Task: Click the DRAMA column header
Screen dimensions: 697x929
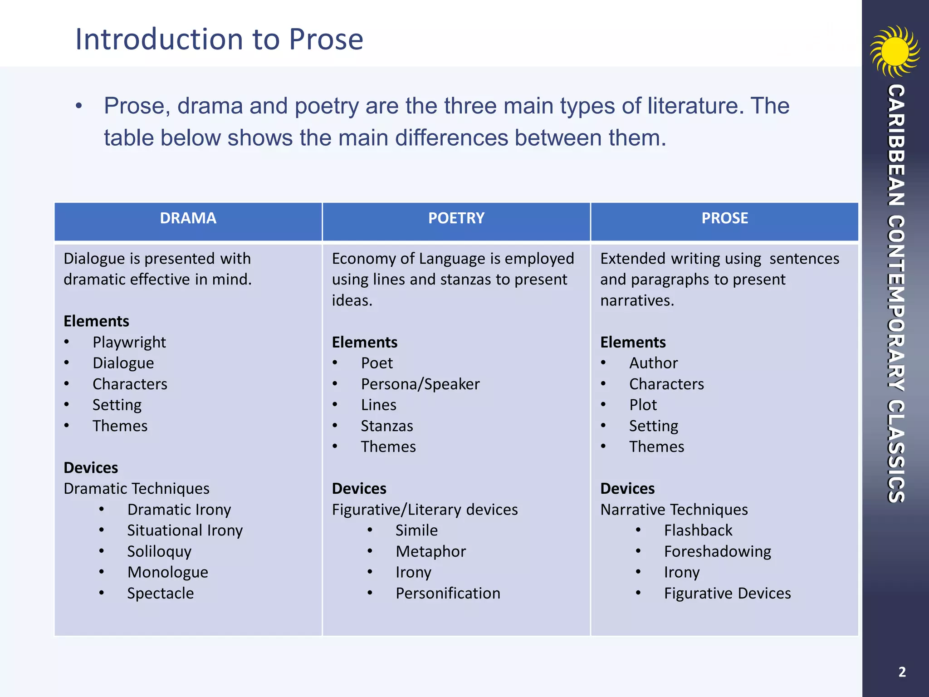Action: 188,218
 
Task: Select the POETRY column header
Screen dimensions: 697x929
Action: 456,218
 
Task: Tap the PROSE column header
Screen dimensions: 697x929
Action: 724,218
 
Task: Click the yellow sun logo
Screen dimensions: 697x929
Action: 895,51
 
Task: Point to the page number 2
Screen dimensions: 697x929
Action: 902,672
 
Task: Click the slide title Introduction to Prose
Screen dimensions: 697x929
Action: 219,39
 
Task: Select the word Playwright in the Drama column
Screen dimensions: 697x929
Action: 129,342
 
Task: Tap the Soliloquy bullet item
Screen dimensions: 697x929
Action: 159,551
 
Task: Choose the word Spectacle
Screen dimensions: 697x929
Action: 160,594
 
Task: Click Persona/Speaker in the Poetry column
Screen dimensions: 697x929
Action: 420,384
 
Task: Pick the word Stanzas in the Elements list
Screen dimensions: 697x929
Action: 387,426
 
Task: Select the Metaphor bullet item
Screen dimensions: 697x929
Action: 430,551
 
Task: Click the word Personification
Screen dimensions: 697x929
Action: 448,594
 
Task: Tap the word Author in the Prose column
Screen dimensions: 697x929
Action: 653,363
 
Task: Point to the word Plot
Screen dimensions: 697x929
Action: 643,405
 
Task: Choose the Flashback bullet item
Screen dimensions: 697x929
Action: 698,530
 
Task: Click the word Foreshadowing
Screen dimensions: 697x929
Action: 718,551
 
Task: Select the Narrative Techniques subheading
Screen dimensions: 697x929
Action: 674,510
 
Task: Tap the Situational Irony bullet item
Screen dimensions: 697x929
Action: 185,530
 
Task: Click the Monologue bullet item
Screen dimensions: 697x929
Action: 168,572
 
